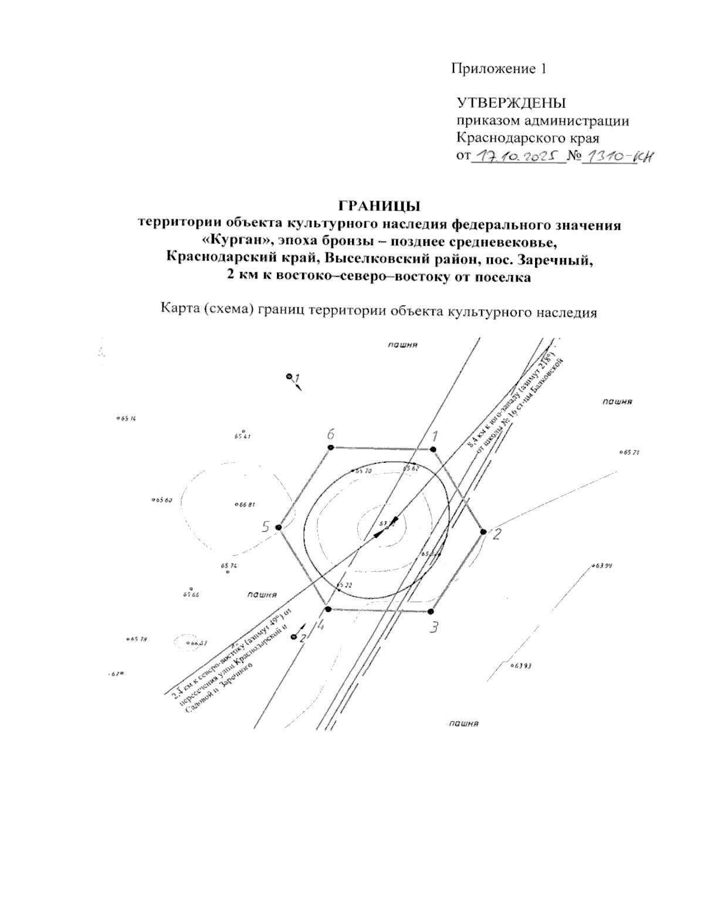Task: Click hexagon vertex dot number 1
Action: point(433,449)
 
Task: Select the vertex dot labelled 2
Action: point(483,531)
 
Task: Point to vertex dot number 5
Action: point(279,527)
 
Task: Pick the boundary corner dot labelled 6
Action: point(330,448)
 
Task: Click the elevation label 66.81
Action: point(245,504)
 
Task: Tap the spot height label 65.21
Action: point(629,453)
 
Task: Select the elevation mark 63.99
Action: point(603,566)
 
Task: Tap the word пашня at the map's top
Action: point(402,345)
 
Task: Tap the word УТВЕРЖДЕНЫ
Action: point(512,103)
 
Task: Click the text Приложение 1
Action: point(499,69)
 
